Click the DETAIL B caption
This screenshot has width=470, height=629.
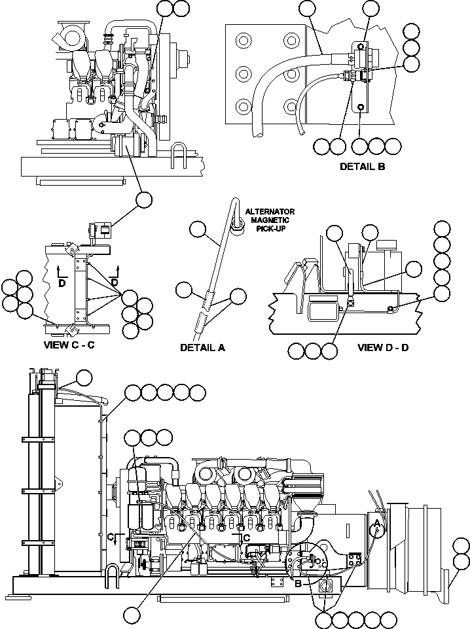click(362, 167)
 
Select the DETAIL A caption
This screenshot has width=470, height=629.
click(202, 348)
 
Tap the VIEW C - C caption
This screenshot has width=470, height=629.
click(69, 345)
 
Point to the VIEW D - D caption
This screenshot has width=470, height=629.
click(383, 347)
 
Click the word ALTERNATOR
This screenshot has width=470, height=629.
click(270, 212)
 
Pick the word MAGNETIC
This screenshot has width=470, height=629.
click(270, 220)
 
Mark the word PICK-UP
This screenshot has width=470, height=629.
click(270, 229)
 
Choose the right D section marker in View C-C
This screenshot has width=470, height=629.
click(115, 282)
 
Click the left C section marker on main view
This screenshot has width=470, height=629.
click(111, 537)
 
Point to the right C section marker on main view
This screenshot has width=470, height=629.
click(245, 537)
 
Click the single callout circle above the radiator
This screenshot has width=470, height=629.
click(84, 377)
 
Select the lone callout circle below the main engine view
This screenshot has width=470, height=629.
click(133, 614)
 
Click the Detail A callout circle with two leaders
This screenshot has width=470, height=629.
click(238, 296)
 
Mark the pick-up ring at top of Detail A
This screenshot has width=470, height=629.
click(237, 224)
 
